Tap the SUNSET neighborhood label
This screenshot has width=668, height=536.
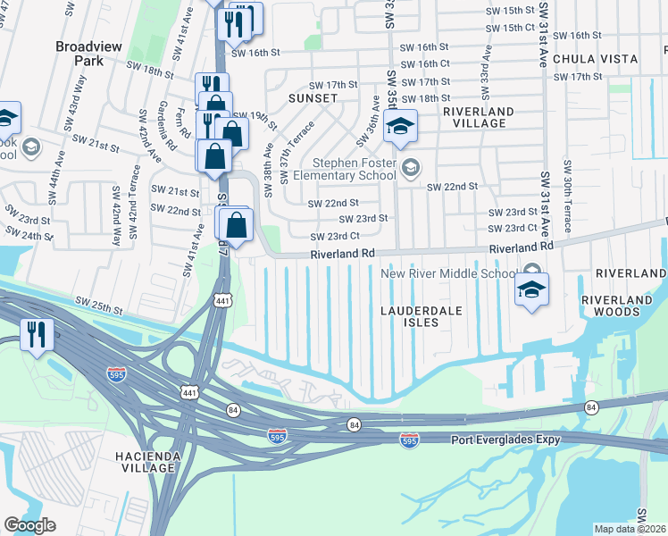tap(313, 97)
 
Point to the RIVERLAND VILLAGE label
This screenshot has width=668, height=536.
tap(478, 117)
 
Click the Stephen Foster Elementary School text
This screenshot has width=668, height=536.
tap(354, 169)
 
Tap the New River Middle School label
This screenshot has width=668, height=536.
tap(449, 273)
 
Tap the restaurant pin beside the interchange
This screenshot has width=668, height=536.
tap(36, 335)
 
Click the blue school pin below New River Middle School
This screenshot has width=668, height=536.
tap(531, 290)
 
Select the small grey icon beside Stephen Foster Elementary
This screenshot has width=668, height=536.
tap(411, 167)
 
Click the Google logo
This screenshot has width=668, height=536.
tap(29, 525)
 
